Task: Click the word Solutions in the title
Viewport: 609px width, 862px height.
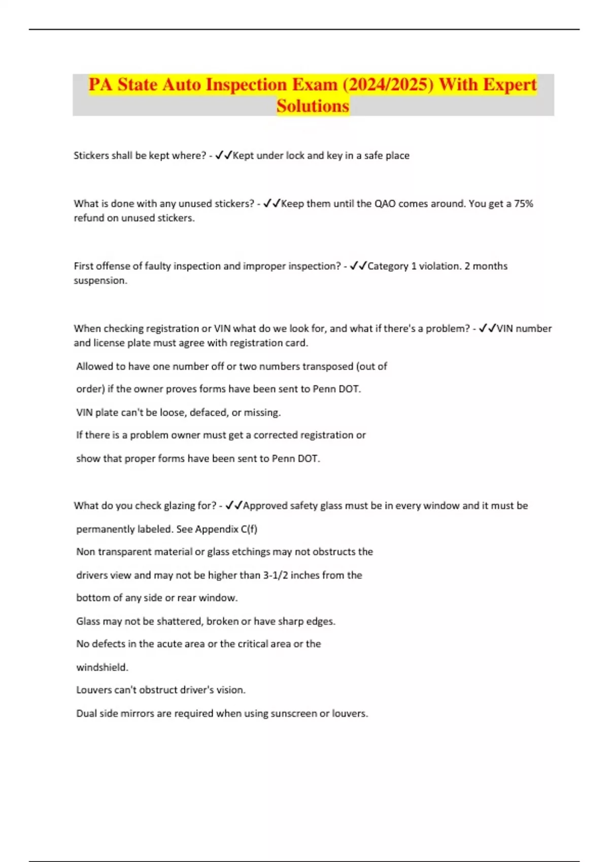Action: tap(313, 106)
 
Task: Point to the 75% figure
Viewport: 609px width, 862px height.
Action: tap(523, 204)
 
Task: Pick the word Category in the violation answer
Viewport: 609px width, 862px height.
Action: tap(388, 266)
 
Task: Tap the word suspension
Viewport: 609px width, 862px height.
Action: tap(99, 280)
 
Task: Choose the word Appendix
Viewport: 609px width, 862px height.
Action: tap(217, 529)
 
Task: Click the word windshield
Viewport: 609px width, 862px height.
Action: tap(101, 667)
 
